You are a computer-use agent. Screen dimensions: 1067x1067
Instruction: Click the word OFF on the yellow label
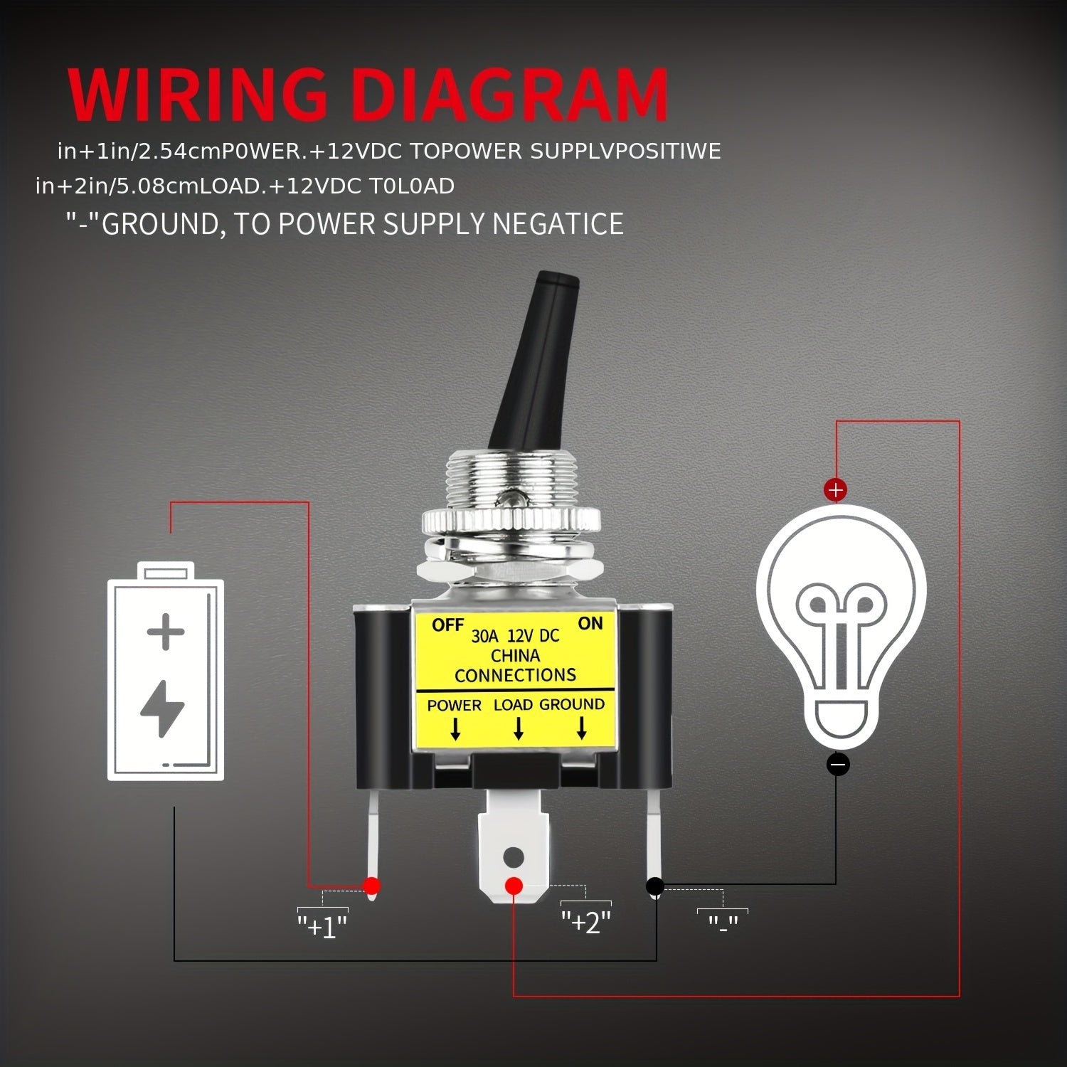click(x=447, y=626)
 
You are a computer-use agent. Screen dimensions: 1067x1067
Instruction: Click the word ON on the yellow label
click(x=590, y=624)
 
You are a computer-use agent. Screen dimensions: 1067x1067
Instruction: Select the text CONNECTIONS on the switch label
click(x=515, y=675)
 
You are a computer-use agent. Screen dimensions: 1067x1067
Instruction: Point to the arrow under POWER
click(x=455, y=728)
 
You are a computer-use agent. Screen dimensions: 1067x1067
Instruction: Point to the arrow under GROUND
click(x=581, y=728)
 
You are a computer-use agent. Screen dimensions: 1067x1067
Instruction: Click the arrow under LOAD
click(x=519, y=728)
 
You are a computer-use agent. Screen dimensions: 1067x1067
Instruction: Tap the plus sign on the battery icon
click(x=165, y=632)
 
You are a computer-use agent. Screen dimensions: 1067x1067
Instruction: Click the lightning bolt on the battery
click(x=163, y=708)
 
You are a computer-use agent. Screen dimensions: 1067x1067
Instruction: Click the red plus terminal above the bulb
click(x=836, y=489)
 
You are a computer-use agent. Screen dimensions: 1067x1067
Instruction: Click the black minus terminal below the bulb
click(x=838, y=765)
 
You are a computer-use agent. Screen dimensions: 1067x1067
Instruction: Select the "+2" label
click(x=586, y=922)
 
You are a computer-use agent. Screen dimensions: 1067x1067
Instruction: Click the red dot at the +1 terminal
click(x=371, y=886)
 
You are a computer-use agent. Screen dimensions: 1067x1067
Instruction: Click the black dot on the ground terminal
click(x=654, y=886)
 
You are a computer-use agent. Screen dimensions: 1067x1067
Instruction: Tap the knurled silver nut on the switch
click(x=511, y=521)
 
